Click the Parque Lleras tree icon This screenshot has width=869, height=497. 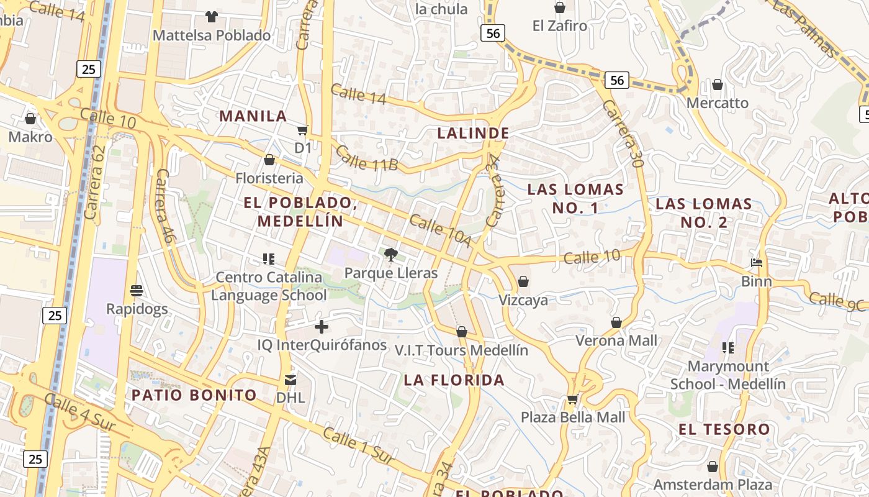(x=391, y=253)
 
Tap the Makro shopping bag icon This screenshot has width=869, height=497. (x=30, y=118)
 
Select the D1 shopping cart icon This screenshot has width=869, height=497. (x=303, y=130)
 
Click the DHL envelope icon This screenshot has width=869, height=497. (x=290, y=380)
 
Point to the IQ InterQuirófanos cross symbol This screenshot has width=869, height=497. (x=322, y=326)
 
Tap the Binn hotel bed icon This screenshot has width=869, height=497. (x=757, y=263)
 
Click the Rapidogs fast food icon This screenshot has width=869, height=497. (x=137, y=290)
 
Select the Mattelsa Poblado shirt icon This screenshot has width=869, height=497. (x=212, y=16)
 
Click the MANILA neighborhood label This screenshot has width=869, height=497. (x=253, y=116)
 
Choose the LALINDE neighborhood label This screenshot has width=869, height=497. (x=473, y=133)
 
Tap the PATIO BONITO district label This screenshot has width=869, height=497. (x=194, y=395)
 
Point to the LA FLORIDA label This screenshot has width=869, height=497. (x=454, y=380)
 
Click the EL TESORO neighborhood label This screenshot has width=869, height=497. (x=724, y=429)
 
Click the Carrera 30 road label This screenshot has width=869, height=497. (x=621, y=134)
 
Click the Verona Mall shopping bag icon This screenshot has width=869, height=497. (x=616, y=322)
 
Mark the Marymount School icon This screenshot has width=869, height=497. (x=728, y=348)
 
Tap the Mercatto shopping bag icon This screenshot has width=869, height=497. (x=718, y=84)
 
